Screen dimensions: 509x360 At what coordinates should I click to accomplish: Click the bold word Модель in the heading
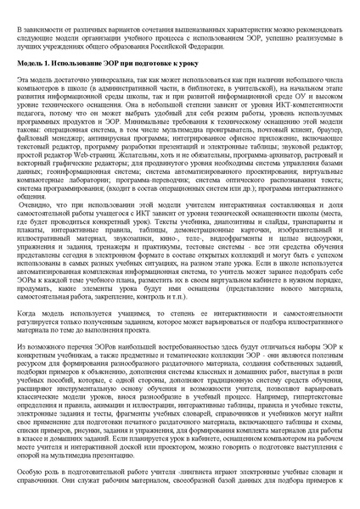tap(31, 64)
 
